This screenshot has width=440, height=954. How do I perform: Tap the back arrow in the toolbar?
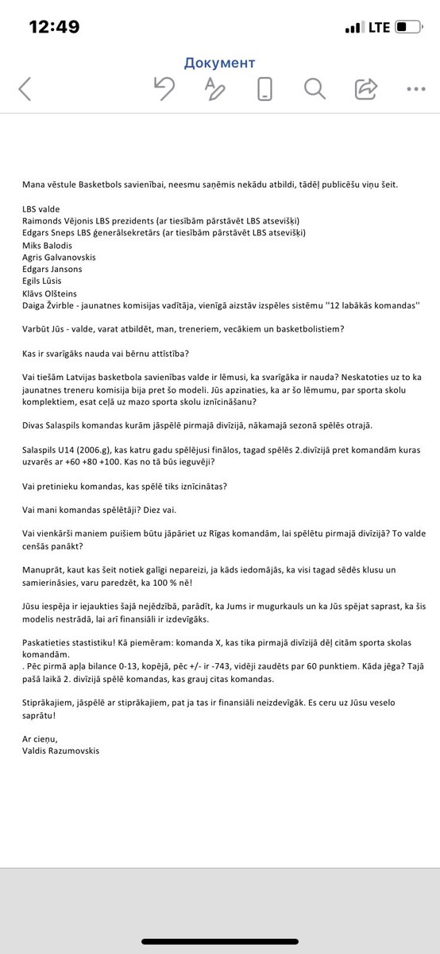[25, 88]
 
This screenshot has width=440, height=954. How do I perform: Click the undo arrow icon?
[164, 88]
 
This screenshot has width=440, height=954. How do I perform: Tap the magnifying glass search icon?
[314, 88]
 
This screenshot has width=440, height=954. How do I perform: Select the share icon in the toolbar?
[366, 88]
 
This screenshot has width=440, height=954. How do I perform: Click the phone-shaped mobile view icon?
[266, 88]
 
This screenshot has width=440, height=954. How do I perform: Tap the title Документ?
[219, 62]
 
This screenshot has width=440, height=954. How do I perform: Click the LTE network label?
[377, 27]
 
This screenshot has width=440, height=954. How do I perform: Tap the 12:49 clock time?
[54, 27]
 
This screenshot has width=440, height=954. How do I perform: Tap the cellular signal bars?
[353, 28]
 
